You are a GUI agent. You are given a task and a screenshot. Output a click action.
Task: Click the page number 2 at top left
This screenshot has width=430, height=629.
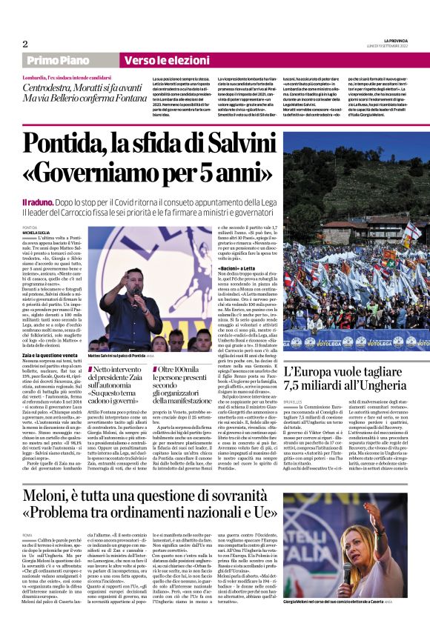point(24,44)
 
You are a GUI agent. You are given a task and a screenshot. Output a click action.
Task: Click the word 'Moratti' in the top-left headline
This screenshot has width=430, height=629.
point(110,89)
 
